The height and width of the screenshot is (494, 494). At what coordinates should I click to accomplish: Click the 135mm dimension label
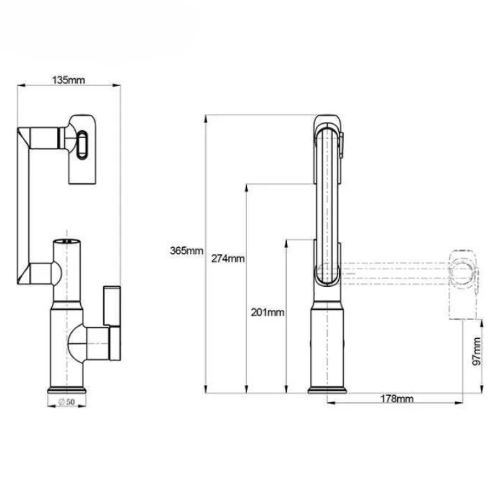69,80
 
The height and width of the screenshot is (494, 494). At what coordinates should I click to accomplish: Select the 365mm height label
187,251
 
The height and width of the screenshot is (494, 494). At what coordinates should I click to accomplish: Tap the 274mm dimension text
228,259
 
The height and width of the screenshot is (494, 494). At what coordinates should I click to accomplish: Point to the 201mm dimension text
268,312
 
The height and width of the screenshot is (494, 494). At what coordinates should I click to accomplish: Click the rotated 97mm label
477,352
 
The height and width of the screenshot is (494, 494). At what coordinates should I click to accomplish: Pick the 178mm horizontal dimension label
397,399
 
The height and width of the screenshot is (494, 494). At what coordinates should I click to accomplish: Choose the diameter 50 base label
67,402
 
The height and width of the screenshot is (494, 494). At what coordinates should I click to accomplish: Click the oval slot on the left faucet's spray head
81,144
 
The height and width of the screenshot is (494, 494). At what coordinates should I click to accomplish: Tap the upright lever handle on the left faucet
112,306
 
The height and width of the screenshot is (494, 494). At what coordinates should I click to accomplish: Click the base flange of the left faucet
67,390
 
